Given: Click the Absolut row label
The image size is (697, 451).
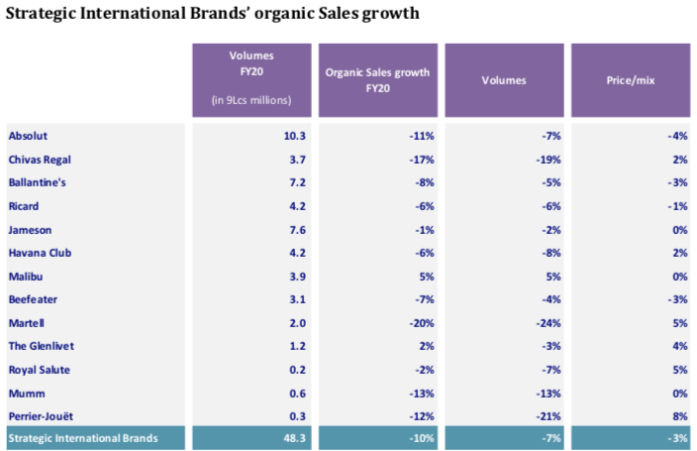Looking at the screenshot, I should click(28, 135).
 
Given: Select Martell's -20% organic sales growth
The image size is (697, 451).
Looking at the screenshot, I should click(421, 322).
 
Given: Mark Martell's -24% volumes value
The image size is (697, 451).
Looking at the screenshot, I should click(548, 322).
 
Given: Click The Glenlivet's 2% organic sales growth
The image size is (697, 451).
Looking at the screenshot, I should click(425, 345).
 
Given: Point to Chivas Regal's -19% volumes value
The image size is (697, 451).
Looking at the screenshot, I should click(548, 159).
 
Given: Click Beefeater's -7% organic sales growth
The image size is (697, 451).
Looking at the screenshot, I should click(424, 298).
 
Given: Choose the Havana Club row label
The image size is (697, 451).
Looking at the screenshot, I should click(41, 252).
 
